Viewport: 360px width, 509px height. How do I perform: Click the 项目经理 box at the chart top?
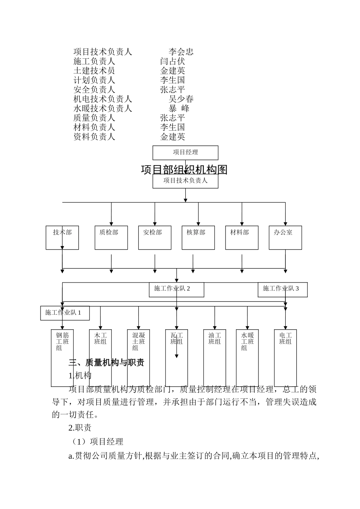(185, 153)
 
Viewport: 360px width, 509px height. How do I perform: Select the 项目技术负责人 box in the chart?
(185, 181)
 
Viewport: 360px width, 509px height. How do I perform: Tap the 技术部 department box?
(62, 238)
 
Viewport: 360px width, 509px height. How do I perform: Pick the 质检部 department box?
(111, 238)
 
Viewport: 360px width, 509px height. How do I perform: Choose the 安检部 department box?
(155, 238)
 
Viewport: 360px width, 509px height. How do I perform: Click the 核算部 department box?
(198, 238)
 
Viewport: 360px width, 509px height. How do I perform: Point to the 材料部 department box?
(242, 238)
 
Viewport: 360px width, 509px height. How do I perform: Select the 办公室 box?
(285, 238)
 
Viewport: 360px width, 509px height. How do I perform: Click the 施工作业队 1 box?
(65, 313)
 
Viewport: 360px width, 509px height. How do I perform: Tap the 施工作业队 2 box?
(176, 289)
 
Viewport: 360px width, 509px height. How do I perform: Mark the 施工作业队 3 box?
(282, 289)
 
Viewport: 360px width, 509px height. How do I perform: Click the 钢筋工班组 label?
(62, 341)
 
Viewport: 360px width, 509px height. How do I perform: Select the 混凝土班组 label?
(138, 341)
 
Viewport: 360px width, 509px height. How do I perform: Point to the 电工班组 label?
(285, 338)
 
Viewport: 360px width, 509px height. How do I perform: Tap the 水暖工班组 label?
(247, 341)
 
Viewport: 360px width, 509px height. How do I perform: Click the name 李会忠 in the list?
(181, 52)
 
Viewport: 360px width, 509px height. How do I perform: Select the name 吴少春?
(181, 99)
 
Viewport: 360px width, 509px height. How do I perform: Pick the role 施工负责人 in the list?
(94, 61)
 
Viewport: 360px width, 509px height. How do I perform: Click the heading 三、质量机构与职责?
(106, 363)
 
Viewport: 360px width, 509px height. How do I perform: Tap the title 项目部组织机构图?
(184, 170)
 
